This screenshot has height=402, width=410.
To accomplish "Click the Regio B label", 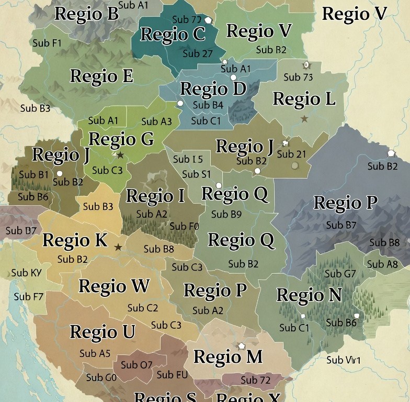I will [86, 14].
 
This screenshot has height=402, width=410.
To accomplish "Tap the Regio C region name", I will [173, 35].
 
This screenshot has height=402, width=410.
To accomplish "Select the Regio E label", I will [101, 76].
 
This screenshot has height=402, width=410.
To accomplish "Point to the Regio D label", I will [213, 89].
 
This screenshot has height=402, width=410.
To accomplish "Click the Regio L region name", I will [304, 98].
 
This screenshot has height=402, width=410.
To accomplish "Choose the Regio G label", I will [121, 139].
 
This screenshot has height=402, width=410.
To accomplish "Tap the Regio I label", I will [155, 196].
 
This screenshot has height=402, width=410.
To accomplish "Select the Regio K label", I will [75, 240].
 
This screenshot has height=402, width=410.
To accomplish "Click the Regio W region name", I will [114, 286].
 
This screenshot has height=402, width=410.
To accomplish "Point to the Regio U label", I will [102, 332].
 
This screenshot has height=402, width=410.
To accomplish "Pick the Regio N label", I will [309, 295].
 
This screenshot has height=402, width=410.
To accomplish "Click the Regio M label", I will [227, 357].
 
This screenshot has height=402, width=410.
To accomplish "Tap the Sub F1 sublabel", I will [47, 43].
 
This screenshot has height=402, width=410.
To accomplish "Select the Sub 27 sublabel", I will [198, 53].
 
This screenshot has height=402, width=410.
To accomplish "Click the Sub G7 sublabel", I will [340, 273].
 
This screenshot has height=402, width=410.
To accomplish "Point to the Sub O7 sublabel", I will [136, 364].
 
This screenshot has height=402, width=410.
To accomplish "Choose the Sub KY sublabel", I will [27, 273].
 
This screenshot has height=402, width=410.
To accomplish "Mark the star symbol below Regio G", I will [120, 155].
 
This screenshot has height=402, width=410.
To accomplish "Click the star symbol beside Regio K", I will [118, 247].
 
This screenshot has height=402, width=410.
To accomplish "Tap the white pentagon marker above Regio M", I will [241, 346].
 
